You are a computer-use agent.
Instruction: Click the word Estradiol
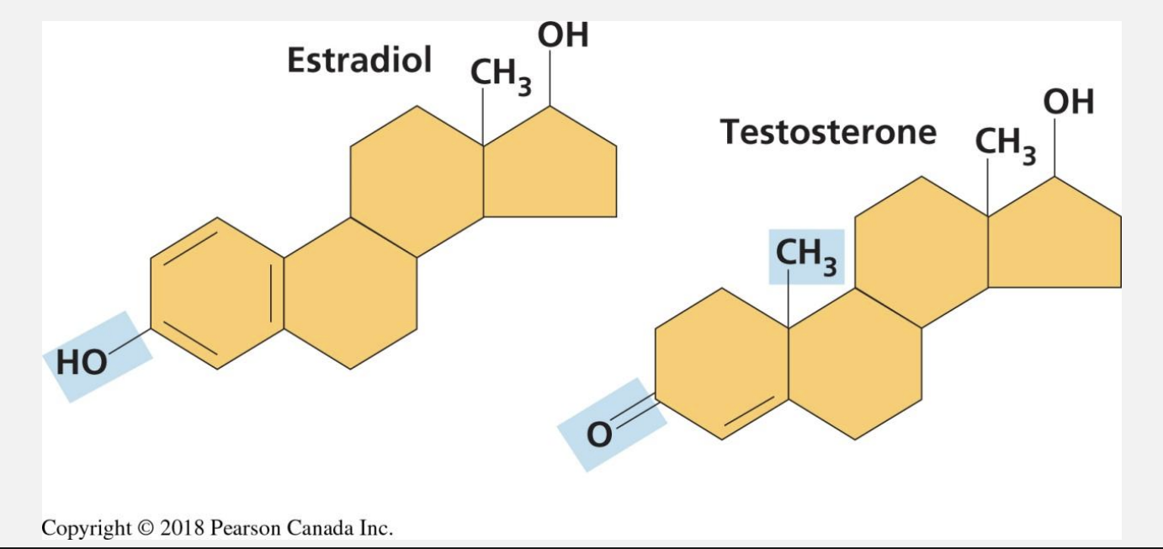pos(359,61)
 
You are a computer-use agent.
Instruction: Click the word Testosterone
pos(828,132)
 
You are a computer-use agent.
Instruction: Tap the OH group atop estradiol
pos(563,35)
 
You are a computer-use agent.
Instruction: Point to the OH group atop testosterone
pos(1069,103)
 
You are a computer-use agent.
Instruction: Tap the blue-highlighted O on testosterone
pos(597,435)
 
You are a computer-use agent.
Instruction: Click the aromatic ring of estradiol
pos(217,293)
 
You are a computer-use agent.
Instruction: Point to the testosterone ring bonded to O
pos(722,364)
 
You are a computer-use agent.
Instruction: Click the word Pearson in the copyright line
pos(244,528)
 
